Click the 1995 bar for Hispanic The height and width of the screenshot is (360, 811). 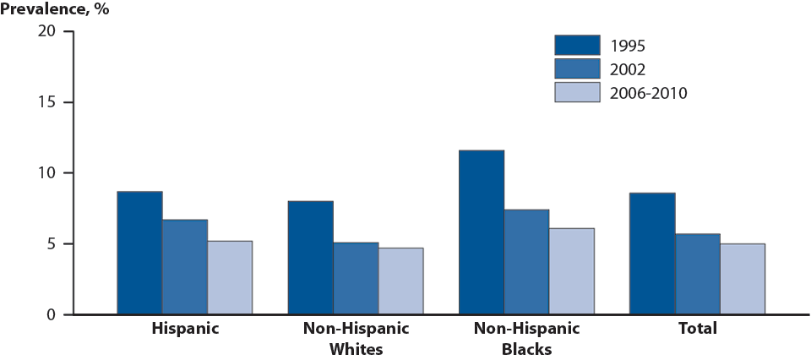coord(139,253)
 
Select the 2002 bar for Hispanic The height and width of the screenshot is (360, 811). coord(185,267)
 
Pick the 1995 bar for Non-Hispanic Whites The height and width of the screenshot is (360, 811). coord(310,258)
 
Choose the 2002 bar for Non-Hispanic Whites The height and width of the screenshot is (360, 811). coord(356,278)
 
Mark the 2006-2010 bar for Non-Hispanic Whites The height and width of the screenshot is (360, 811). coord(400,281)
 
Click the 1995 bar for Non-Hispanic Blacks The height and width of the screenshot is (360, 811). coord(481,232)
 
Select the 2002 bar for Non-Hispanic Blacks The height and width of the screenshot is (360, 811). coord(526,262)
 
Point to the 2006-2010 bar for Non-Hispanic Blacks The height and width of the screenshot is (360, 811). coord(571,271)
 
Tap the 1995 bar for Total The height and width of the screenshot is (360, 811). coord(652,254)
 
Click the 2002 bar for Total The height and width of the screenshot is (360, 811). coord(697,274)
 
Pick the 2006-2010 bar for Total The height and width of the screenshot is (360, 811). coord(742,279)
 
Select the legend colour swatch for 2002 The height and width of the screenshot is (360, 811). coord(576,68)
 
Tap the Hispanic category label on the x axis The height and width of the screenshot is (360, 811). coord(184,328)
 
